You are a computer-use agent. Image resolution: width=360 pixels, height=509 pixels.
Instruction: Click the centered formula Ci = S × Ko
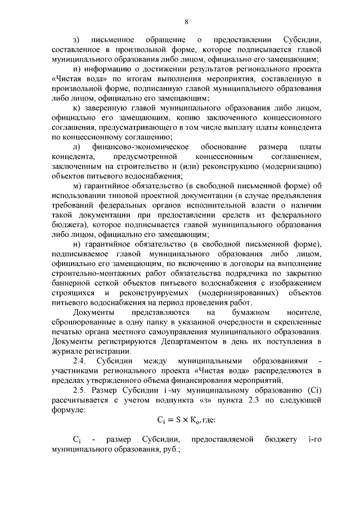pyautogui.click(x=178, y=420)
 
